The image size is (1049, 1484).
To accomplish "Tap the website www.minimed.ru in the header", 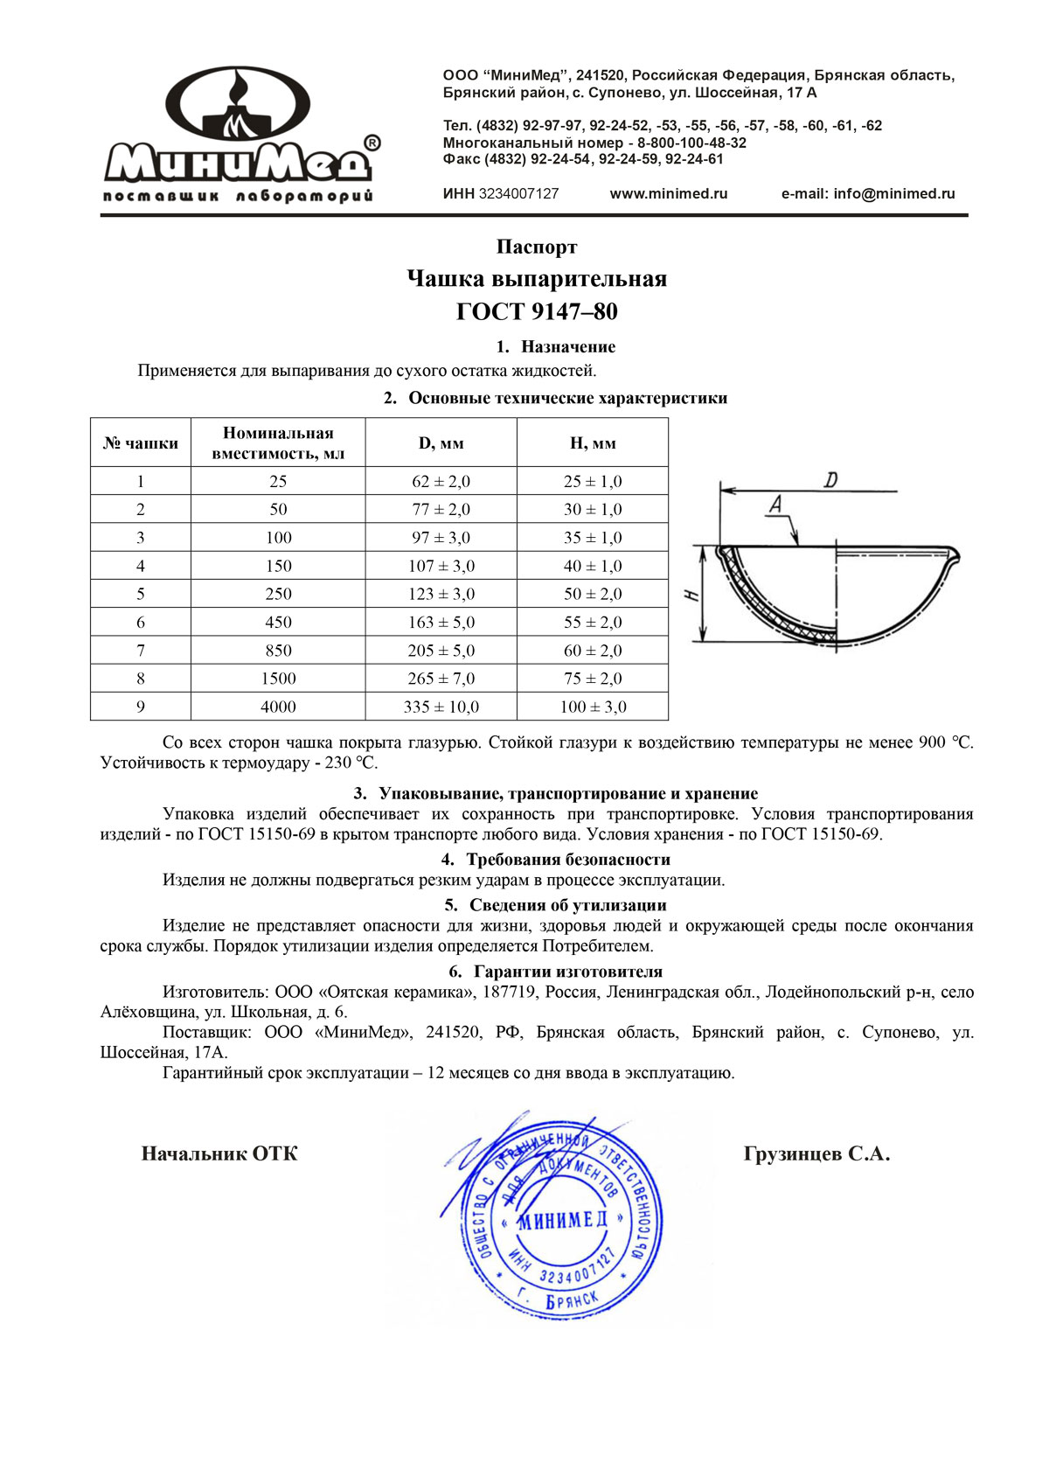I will [x=669, y=194].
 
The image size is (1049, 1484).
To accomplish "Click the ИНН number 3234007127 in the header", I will [x=518, y=194].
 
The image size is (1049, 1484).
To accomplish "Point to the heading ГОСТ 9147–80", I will [x=537, y=311].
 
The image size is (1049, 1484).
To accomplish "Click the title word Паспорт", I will [x=537, y=247].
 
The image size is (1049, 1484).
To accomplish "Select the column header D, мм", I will [x=441, y=443].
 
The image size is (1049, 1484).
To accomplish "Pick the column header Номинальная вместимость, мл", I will [x=278, y=443].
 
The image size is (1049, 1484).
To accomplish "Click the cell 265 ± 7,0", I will [x=441, y=679].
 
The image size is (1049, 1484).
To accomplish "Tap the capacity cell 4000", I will [x=278, y=707].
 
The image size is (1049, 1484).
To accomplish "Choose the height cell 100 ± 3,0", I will [x=593, y=707].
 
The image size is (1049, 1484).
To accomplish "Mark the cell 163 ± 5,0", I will [x=441, y=623].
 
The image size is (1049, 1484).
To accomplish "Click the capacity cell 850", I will [x=278, y=651].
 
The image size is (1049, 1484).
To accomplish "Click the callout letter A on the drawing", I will [x=775, y=504].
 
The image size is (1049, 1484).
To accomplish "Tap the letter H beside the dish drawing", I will [x=691, y=596].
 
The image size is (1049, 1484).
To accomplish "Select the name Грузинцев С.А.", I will [x=816, y=1154].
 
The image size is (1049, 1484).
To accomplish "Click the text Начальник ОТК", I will [x=219, y=1154].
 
